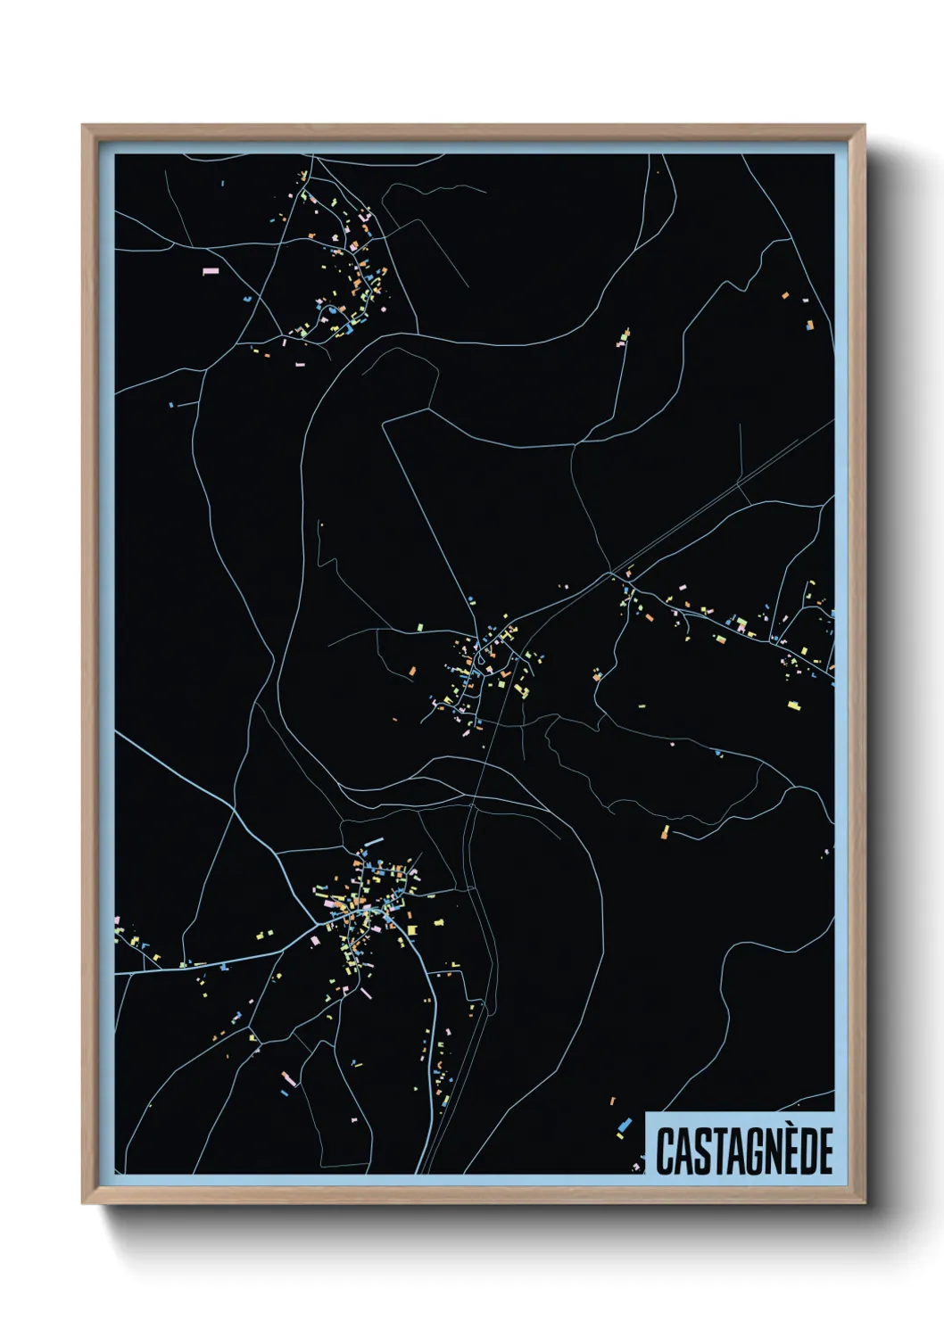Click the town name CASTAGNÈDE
tap(744, 1151)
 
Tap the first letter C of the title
tap(665, 1151)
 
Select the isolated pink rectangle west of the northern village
tap(211, 270)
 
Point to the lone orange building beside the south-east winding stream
tap(664, 832)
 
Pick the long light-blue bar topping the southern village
tap(373, 841)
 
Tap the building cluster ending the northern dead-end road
tap(625, 336)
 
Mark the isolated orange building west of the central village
tap(412, 670)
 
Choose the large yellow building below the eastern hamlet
tap(792, 705)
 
